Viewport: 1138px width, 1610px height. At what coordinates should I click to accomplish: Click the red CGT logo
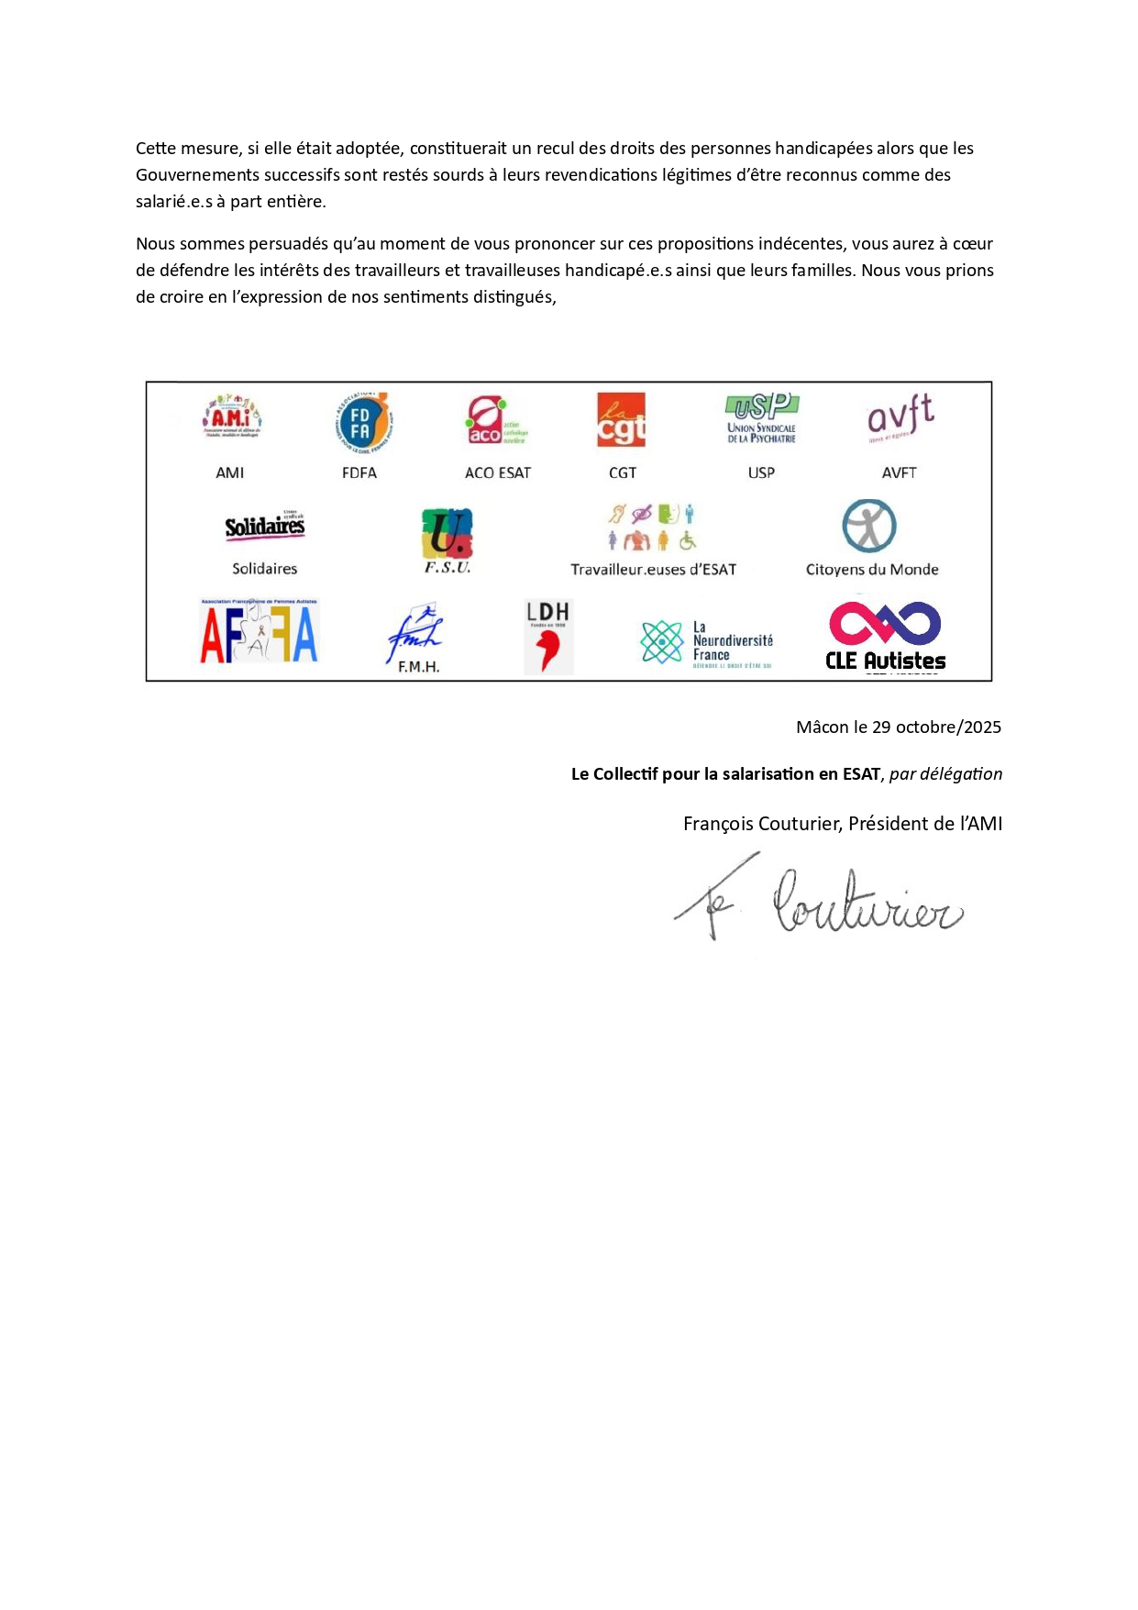tap(621, 420)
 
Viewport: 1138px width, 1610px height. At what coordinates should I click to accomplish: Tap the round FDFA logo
tap(362, 423)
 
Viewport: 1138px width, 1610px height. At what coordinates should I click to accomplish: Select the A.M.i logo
tap(232, 417)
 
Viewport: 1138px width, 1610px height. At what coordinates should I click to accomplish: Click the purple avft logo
tap(900, 417)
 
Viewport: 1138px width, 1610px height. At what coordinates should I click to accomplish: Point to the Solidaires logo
tap(264, 526)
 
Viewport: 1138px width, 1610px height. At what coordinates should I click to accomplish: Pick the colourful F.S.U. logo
tap(447, 536)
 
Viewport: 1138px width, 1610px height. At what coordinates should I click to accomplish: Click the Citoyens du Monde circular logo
tap(869, 526)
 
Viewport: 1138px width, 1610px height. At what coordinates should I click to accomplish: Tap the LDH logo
tap(548, 636)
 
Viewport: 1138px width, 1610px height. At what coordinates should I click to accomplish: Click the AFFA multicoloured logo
tap(259, 632)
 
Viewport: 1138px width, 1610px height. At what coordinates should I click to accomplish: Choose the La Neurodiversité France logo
tap(707, 640)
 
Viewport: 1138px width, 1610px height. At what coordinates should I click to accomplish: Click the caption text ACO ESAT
tap(498, 473)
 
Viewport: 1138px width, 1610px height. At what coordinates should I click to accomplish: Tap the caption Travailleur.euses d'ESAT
tap(653, 570)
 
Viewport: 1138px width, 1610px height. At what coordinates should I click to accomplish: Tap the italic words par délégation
tap(945, 774)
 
